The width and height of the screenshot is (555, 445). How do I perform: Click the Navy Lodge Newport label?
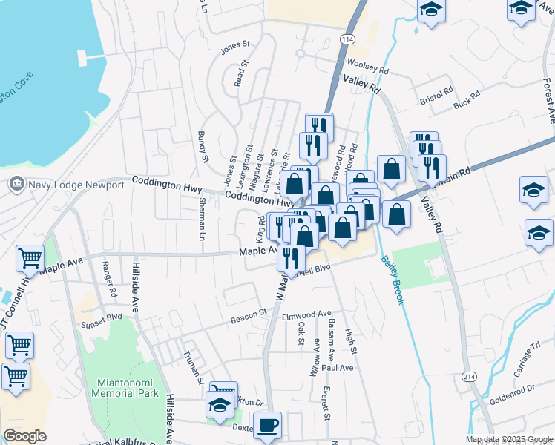pyautogui.click(x=77, y=184)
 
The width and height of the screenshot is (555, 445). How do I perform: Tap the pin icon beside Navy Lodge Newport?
pyautogui.click(x=16, y=183)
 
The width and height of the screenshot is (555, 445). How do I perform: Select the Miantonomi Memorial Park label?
pyautogui.click(x=124, y=388)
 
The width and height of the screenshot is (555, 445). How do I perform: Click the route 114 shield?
pyautogui.click(x=347, y=39)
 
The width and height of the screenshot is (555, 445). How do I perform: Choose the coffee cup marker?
pyautogui.click(x=268, y=426)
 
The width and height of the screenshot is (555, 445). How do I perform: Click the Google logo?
pyautogui.click(x=24, y=435)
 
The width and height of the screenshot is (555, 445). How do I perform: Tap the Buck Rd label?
pyautogui.click(x=467, y=100)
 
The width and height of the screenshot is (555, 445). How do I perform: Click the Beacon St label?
pyautogui.click(x=249, y=314)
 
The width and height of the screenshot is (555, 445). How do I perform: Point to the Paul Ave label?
pyautogui.click(x=338, y=367)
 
